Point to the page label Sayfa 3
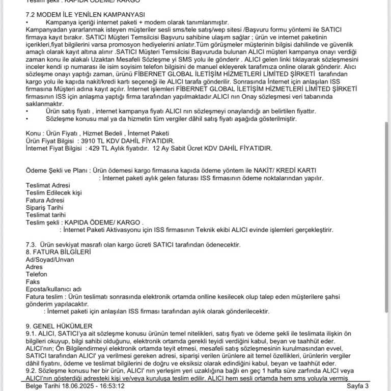pos(358,386)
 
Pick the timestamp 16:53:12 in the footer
pos(111,386)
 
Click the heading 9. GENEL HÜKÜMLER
pos(59,325)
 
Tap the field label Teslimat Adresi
pos(48,185)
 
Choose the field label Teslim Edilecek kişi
pos(53,193)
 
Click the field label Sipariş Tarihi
pos(44,208)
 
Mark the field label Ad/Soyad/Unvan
pos(49,259)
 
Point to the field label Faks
pos(33,281)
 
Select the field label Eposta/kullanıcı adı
pos(53,289)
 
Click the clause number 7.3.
pos(31,245)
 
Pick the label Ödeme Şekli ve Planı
pos(58,171)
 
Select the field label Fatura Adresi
pos(44,200)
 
